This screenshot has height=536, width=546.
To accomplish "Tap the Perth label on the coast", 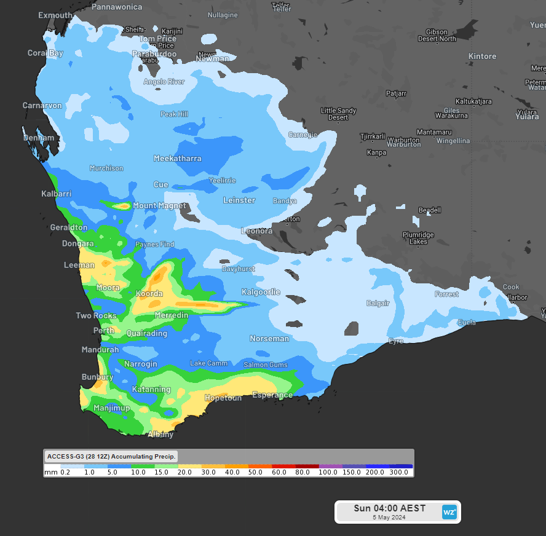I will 103,331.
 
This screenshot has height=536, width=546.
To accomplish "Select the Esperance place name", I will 272,395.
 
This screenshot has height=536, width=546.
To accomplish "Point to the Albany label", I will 160,435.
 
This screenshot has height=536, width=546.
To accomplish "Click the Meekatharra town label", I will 177,159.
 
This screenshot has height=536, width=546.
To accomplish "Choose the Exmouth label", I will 55,15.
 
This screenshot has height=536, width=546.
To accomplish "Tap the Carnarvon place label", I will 42,106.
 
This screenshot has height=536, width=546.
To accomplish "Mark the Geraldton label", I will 69,227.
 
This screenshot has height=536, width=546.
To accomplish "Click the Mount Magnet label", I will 159,206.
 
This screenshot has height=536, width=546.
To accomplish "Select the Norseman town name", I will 269,339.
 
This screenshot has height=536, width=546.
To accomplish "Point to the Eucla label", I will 467,323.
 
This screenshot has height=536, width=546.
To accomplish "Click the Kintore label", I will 482,57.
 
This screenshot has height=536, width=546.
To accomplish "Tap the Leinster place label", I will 239,200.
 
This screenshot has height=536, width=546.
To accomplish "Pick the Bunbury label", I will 97,377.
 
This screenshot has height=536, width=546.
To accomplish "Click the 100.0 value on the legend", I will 328,472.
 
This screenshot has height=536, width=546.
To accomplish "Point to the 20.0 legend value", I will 184,472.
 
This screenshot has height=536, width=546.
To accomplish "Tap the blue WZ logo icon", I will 449,511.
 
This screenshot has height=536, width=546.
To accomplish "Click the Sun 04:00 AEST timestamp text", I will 389,508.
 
